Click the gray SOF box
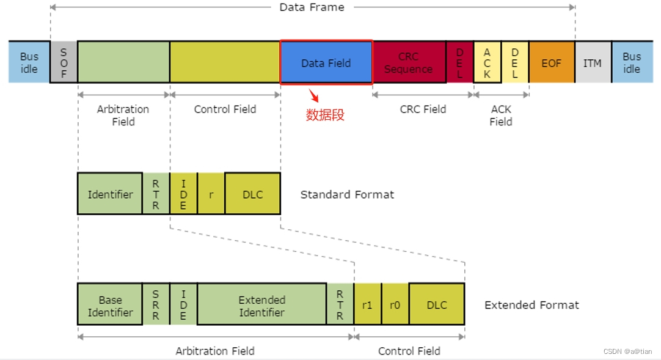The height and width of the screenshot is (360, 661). [64, 62]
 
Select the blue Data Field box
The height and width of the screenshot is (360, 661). [326, 62]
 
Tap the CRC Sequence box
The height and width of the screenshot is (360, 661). [409, 62]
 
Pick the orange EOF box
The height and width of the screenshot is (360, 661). [551, 62]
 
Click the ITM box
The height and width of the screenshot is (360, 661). [592, 62]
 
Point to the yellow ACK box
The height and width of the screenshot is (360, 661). [487, 62]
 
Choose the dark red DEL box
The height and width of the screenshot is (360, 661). [459, 62]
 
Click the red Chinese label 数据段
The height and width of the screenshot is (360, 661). [325, 115]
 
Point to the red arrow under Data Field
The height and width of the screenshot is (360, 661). [314, 95]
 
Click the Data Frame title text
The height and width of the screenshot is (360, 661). [312, 7]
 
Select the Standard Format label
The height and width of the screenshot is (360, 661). [347, 194]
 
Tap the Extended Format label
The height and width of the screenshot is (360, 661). [531, 304]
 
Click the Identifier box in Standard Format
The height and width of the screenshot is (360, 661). [110, 194]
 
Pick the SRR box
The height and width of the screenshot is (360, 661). [156, 304]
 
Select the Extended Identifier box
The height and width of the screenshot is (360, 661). [261, 304]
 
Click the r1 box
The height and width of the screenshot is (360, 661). [367, 304]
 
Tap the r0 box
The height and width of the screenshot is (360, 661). [395, 304]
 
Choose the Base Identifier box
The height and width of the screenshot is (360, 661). [110, 304]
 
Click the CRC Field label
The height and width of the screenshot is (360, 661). [423, 109]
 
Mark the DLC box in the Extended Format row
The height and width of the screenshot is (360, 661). [437, 304]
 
